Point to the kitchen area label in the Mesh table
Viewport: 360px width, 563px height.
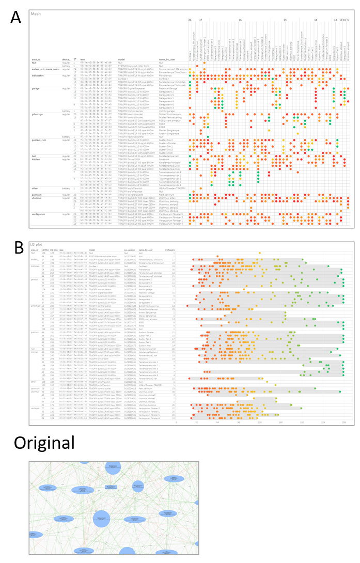point(36,159)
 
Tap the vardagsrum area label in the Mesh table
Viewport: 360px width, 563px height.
point(40,199)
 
